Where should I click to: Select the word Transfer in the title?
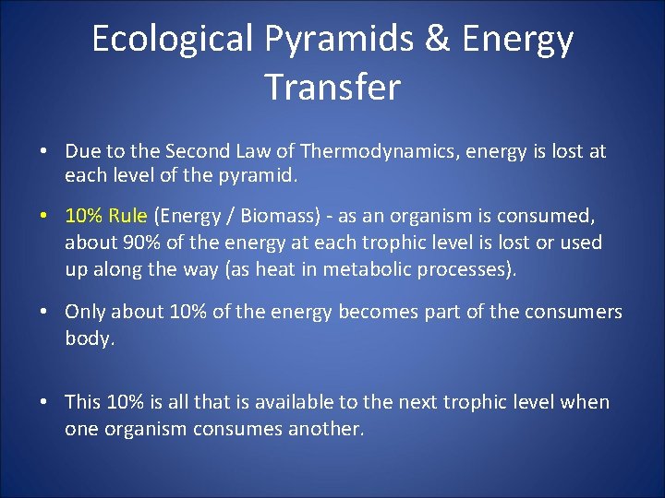(332, 87)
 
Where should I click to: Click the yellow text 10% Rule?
(105, 216)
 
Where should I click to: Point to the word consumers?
(574, 312)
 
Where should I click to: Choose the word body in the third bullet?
(88, 338)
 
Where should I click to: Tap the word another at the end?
(327, 429)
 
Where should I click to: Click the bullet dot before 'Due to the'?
(43, 151)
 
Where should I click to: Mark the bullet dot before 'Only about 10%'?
(43, 313)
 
